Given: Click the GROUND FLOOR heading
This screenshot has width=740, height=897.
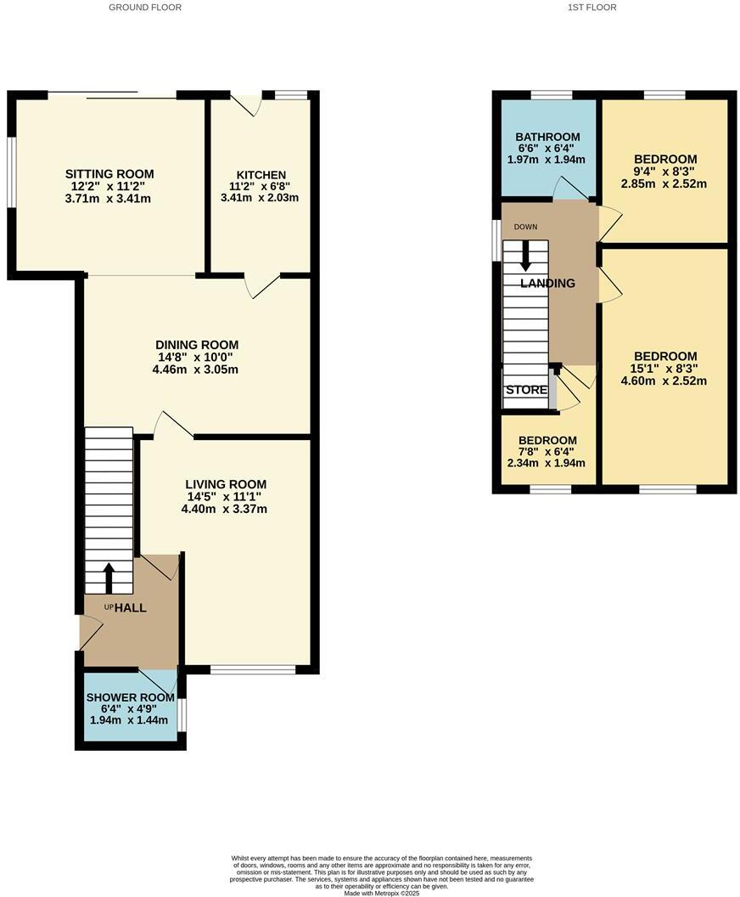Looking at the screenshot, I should point(145,8).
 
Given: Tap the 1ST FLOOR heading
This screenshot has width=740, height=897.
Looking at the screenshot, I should point(591,8).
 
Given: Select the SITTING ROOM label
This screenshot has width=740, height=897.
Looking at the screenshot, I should point(109,174).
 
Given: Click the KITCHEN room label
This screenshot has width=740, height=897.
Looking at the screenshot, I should point(261,175).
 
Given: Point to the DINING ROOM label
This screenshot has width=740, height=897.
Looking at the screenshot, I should point(197,345).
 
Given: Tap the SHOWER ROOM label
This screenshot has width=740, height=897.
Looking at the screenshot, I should point(130,697).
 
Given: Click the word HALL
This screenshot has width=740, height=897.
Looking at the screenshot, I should point(131,608).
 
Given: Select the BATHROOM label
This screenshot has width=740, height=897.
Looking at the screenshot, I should point(547,137).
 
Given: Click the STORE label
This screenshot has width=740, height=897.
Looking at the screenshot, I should point(526,391).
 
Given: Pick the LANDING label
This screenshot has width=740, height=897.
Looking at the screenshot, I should point(547,284).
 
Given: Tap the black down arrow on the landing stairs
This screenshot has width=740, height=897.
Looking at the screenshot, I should point(526,252).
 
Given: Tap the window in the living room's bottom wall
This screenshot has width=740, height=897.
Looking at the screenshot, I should point(252,669).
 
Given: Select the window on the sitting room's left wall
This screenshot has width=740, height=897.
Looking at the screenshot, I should point(12,172).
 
